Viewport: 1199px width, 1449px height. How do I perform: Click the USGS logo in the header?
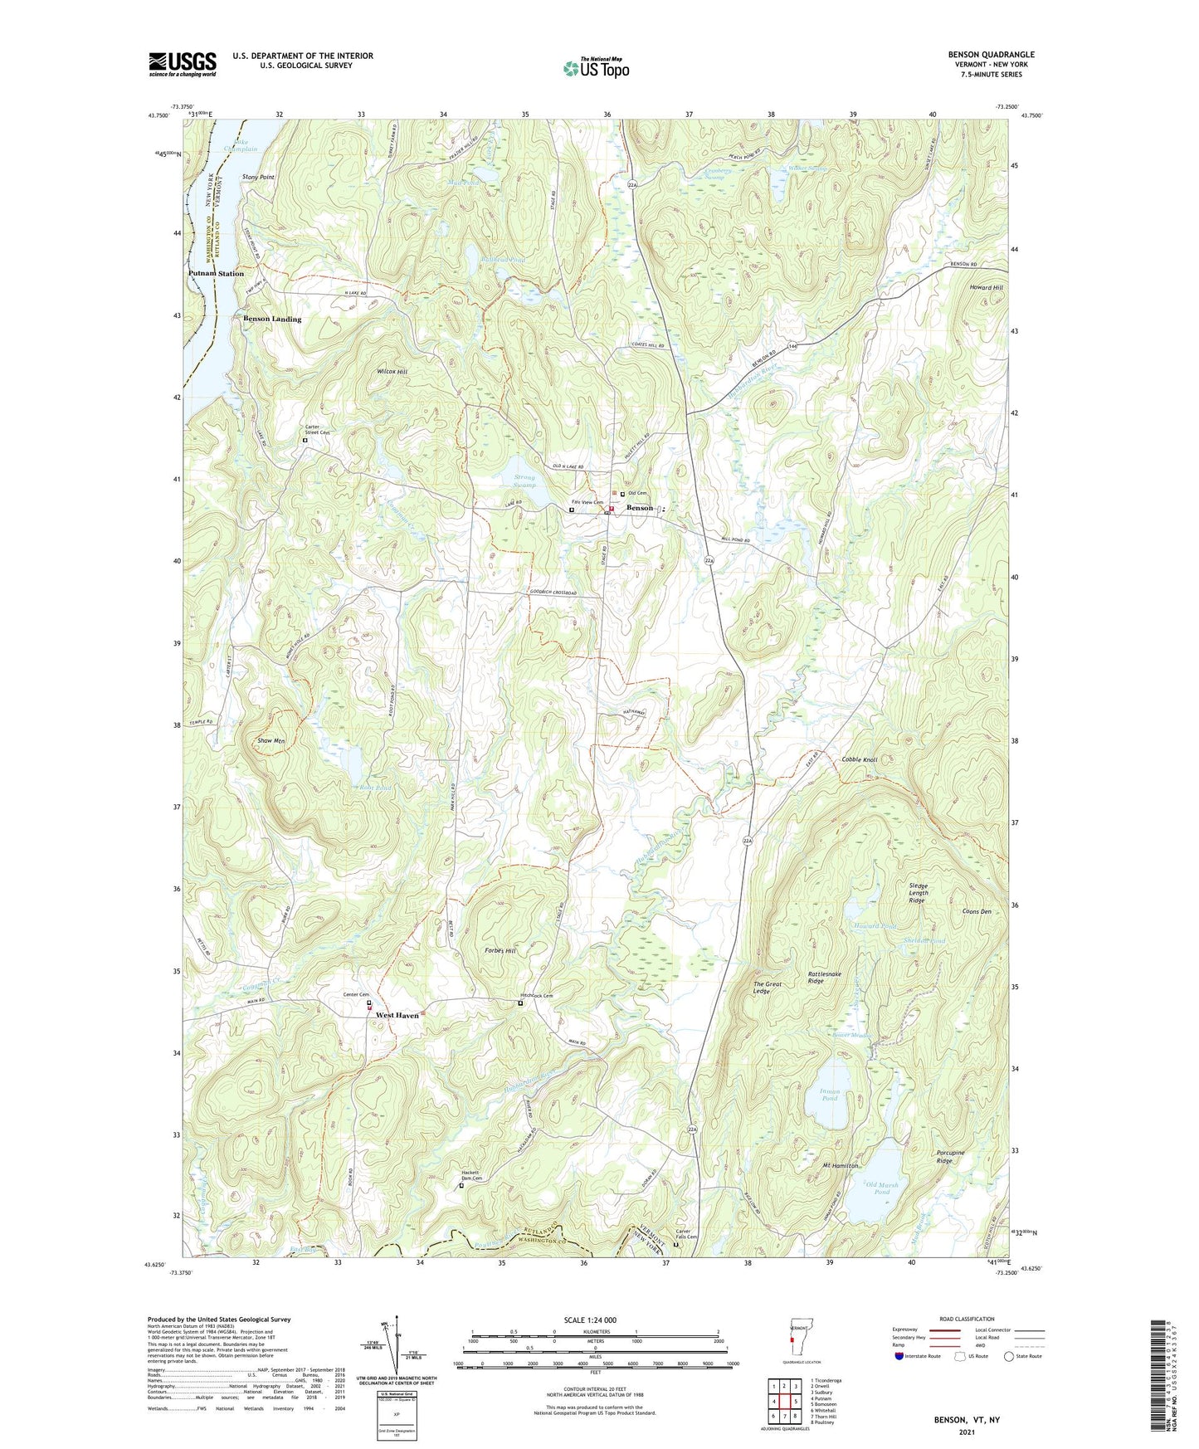183,64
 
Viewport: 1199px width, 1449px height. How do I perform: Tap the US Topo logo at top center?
596,68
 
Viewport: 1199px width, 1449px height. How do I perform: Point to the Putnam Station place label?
216,273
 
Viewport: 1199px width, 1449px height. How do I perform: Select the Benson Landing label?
272,319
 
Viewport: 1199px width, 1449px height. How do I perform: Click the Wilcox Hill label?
392,372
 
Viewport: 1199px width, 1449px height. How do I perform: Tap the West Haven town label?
397,1015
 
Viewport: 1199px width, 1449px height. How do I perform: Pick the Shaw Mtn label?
272,740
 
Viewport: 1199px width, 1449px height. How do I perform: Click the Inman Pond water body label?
830,1095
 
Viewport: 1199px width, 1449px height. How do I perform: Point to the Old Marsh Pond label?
882,1188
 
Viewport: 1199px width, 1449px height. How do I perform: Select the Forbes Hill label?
500,951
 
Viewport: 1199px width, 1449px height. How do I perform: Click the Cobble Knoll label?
860,759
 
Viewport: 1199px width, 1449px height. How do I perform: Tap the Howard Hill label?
986,287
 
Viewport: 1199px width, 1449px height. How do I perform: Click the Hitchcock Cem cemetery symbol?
520,1004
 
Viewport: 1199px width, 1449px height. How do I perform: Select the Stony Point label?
258,178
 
